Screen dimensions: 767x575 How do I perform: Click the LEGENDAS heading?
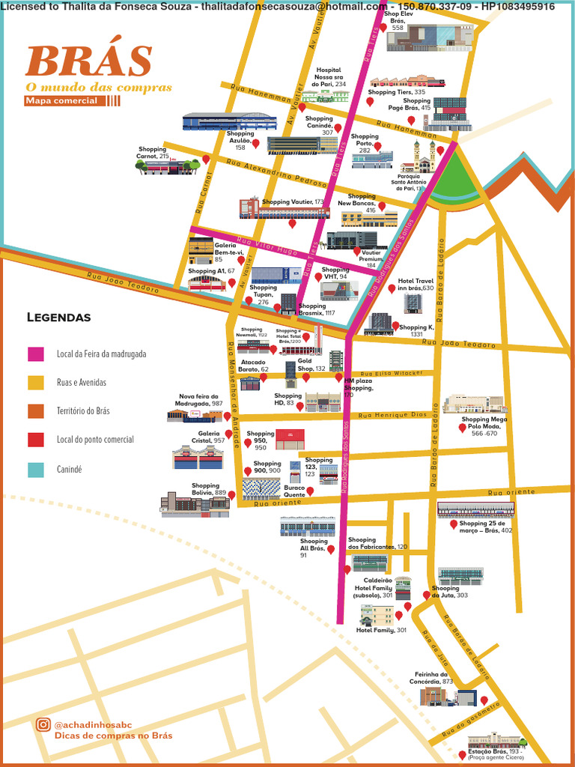pos(58,318)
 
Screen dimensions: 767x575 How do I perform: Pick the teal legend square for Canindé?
pos(35,470)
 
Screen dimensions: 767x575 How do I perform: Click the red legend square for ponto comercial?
pos(35,440)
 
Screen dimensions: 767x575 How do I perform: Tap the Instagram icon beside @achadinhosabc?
pos(43,724)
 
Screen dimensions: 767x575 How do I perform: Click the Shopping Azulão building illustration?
pos(219,122)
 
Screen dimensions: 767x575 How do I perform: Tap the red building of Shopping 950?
pos(290,439)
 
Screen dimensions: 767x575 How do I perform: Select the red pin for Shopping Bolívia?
pos(231,495)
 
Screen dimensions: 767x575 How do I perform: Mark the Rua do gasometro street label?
pos(470,719)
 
